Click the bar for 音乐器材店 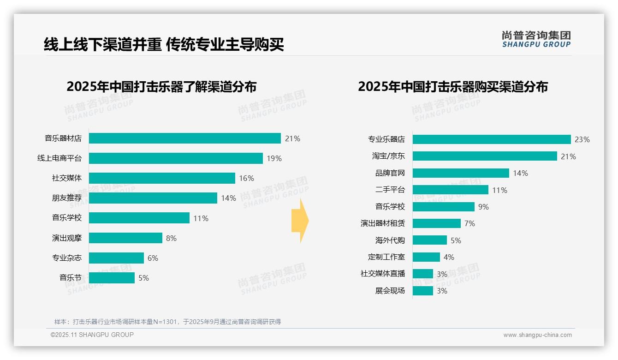point(184,138)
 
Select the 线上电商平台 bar point(176,158)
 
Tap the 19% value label point(274,158)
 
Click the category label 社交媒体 point(67,178)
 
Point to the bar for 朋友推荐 point(153,198)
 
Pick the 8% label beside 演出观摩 point(171,238)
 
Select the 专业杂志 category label point(67,258)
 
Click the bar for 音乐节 point(112,278)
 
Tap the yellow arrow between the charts point(300,221)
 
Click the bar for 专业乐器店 point(492,139)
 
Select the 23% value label point(582,139)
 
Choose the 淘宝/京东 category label point(388,156)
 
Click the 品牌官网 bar point(461,173)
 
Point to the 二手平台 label point(390,190)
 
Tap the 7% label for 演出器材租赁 point(469,223)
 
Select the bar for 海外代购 point(429,240)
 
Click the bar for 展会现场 point(422,291)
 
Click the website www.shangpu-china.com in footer point(537,335)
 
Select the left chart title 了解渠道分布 point(161,87)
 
